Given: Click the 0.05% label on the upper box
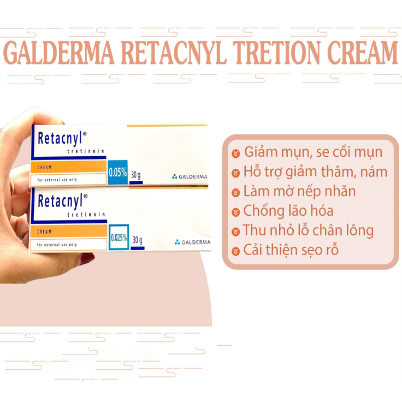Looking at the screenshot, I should pyautogui.click(x=117, y=174).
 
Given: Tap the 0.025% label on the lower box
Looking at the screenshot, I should pyautogui.click(x=119, y=238).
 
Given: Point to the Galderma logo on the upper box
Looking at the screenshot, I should pyautogui.click(x=189, y=176).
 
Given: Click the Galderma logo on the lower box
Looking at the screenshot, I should pyautogui.click(x=192, y=242).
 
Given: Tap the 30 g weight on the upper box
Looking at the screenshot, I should pyautogui.click(x=135, y=175).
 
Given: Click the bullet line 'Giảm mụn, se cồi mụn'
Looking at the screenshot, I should pyautogui.click(x=313, y=152).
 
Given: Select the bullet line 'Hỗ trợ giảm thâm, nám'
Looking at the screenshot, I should pyautogui.click(x=315, y=172).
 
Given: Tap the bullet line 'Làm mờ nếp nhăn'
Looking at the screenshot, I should pyautogui.click(x=300, y=191).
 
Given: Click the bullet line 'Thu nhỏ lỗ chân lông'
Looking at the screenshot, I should pyautogui.click(x=309, y=230).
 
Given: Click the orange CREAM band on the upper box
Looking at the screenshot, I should pyautogui.click(x=68, y=167).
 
